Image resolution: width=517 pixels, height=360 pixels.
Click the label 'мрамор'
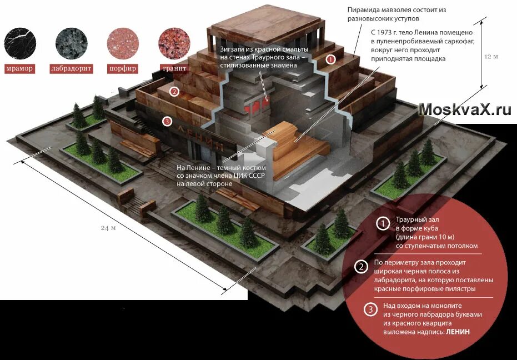[20, 69]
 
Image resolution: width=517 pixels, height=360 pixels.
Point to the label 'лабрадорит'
[71, 69]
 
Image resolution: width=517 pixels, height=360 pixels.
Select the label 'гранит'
[174, 69]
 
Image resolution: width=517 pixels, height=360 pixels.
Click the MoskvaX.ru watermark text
[465, 109]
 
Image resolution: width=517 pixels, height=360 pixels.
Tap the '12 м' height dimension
[492, 57]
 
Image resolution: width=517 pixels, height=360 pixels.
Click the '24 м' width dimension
[108, 228]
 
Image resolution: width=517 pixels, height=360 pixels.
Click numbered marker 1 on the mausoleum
[330, 59]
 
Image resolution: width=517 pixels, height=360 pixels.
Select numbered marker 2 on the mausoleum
[174, 92]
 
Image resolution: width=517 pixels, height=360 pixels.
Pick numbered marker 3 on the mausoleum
[167, 121]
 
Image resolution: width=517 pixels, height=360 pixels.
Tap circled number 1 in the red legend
[383, 224]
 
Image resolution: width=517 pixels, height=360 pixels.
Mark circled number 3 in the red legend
[370, 310]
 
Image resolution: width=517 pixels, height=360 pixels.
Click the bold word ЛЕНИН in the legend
[458, 332]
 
